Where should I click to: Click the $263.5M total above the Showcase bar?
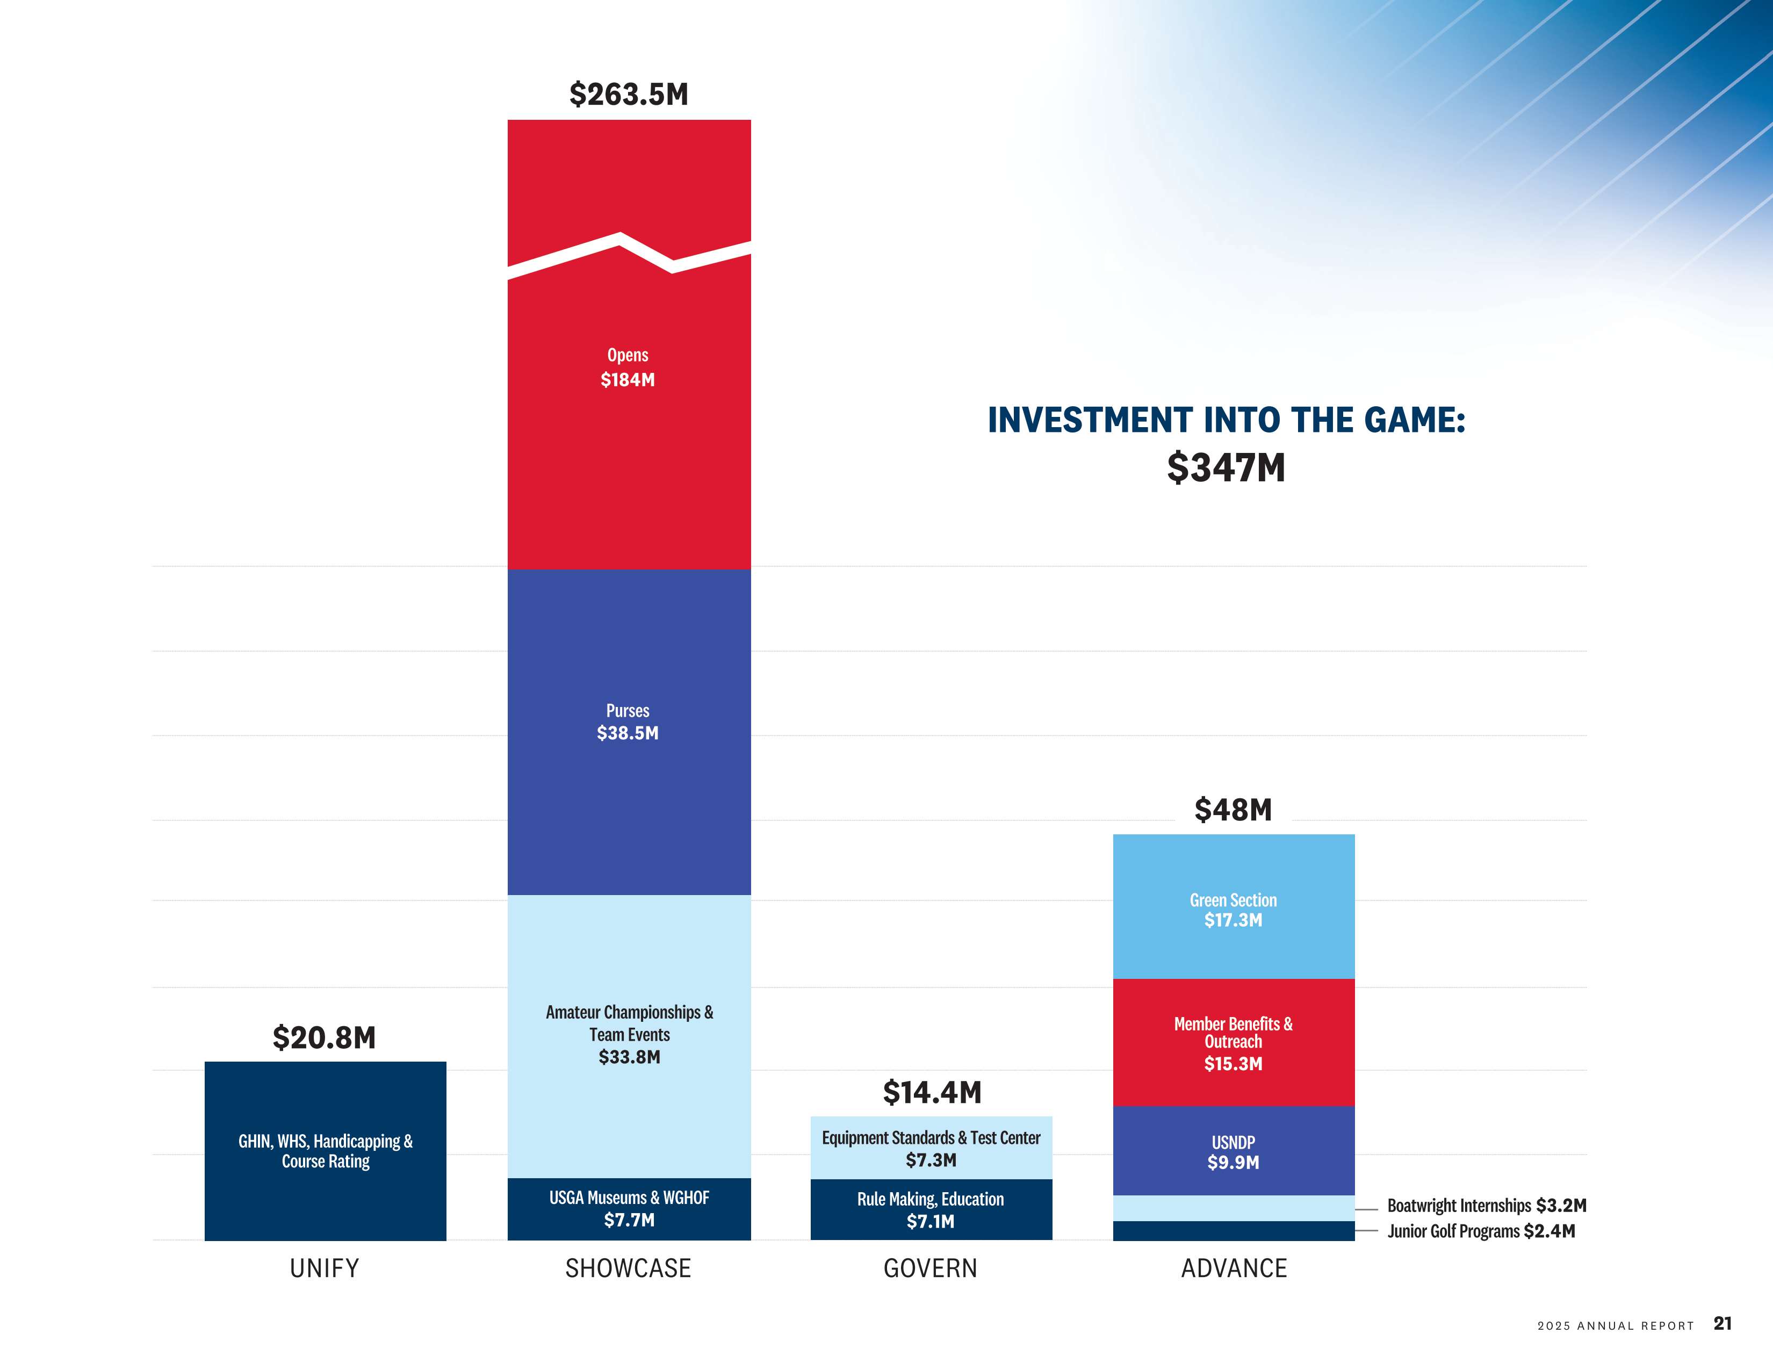pyautogui.click(x=629, y=94)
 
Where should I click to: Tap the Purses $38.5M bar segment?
pyautogui.click(x=629, y=731)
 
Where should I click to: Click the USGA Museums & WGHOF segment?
pyautogui.click(x=629, y=1208)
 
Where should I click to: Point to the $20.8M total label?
pyautogui.click(x=324, y=1037)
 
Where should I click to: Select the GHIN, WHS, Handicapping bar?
pyautogui.click(x=325, y=1151)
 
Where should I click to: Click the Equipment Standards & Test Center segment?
pyautogui.click(x=931, y=1148)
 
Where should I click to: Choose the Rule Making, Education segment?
pyautogui.click(x=931, y=1209)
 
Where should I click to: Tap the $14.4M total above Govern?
pyautogui.click(x=932, y=1092)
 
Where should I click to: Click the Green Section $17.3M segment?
pyautogui.click(x=1233, y=909)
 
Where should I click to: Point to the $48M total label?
pyautogui.click(x=1233, y=809)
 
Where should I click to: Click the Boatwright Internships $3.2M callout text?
pyautogui.click(x=1486, y=1205)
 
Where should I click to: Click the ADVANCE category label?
pyautogui.click(x=1233, y=1268)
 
